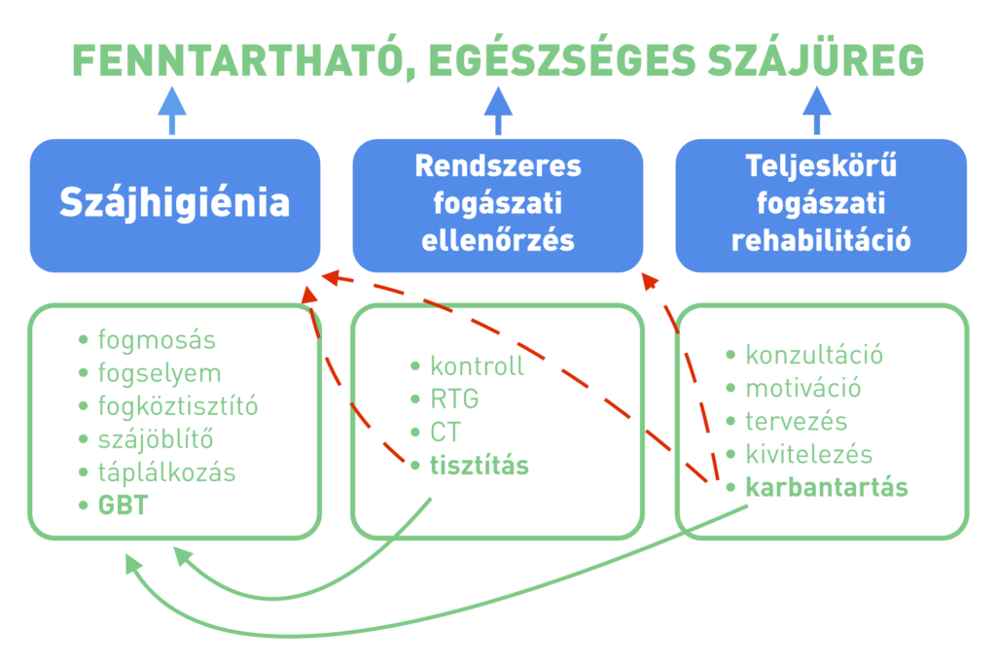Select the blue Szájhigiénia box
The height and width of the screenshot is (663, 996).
pos(175,206)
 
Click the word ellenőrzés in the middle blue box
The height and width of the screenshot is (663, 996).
pos(498,241)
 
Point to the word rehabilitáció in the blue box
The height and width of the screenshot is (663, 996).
pos(821,241)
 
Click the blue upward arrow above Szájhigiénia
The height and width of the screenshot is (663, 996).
pos(171,111)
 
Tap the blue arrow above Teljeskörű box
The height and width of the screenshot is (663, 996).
pos(817,111)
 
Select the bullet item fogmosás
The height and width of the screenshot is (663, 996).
pos(148,340)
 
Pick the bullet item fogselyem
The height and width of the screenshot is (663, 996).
pos(150,373)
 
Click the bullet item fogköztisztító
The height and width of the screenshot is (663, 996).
pos(168,406)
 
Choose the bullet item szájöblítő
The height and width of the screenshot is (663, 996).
pos(146,439)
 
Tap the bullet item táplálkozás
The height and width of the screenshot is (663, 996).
pos(157,472)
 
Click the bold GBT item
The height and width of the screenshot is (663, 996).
pos(114,506)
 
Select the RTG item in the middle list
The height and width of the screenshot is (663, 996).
pos(445,400)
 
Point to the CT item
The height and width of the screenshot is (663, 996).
pos(436,433)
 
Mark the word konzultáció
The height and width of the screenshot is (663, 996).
pos(814,355)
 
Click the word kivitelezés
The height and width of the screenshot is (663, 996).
pos(809,454)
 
